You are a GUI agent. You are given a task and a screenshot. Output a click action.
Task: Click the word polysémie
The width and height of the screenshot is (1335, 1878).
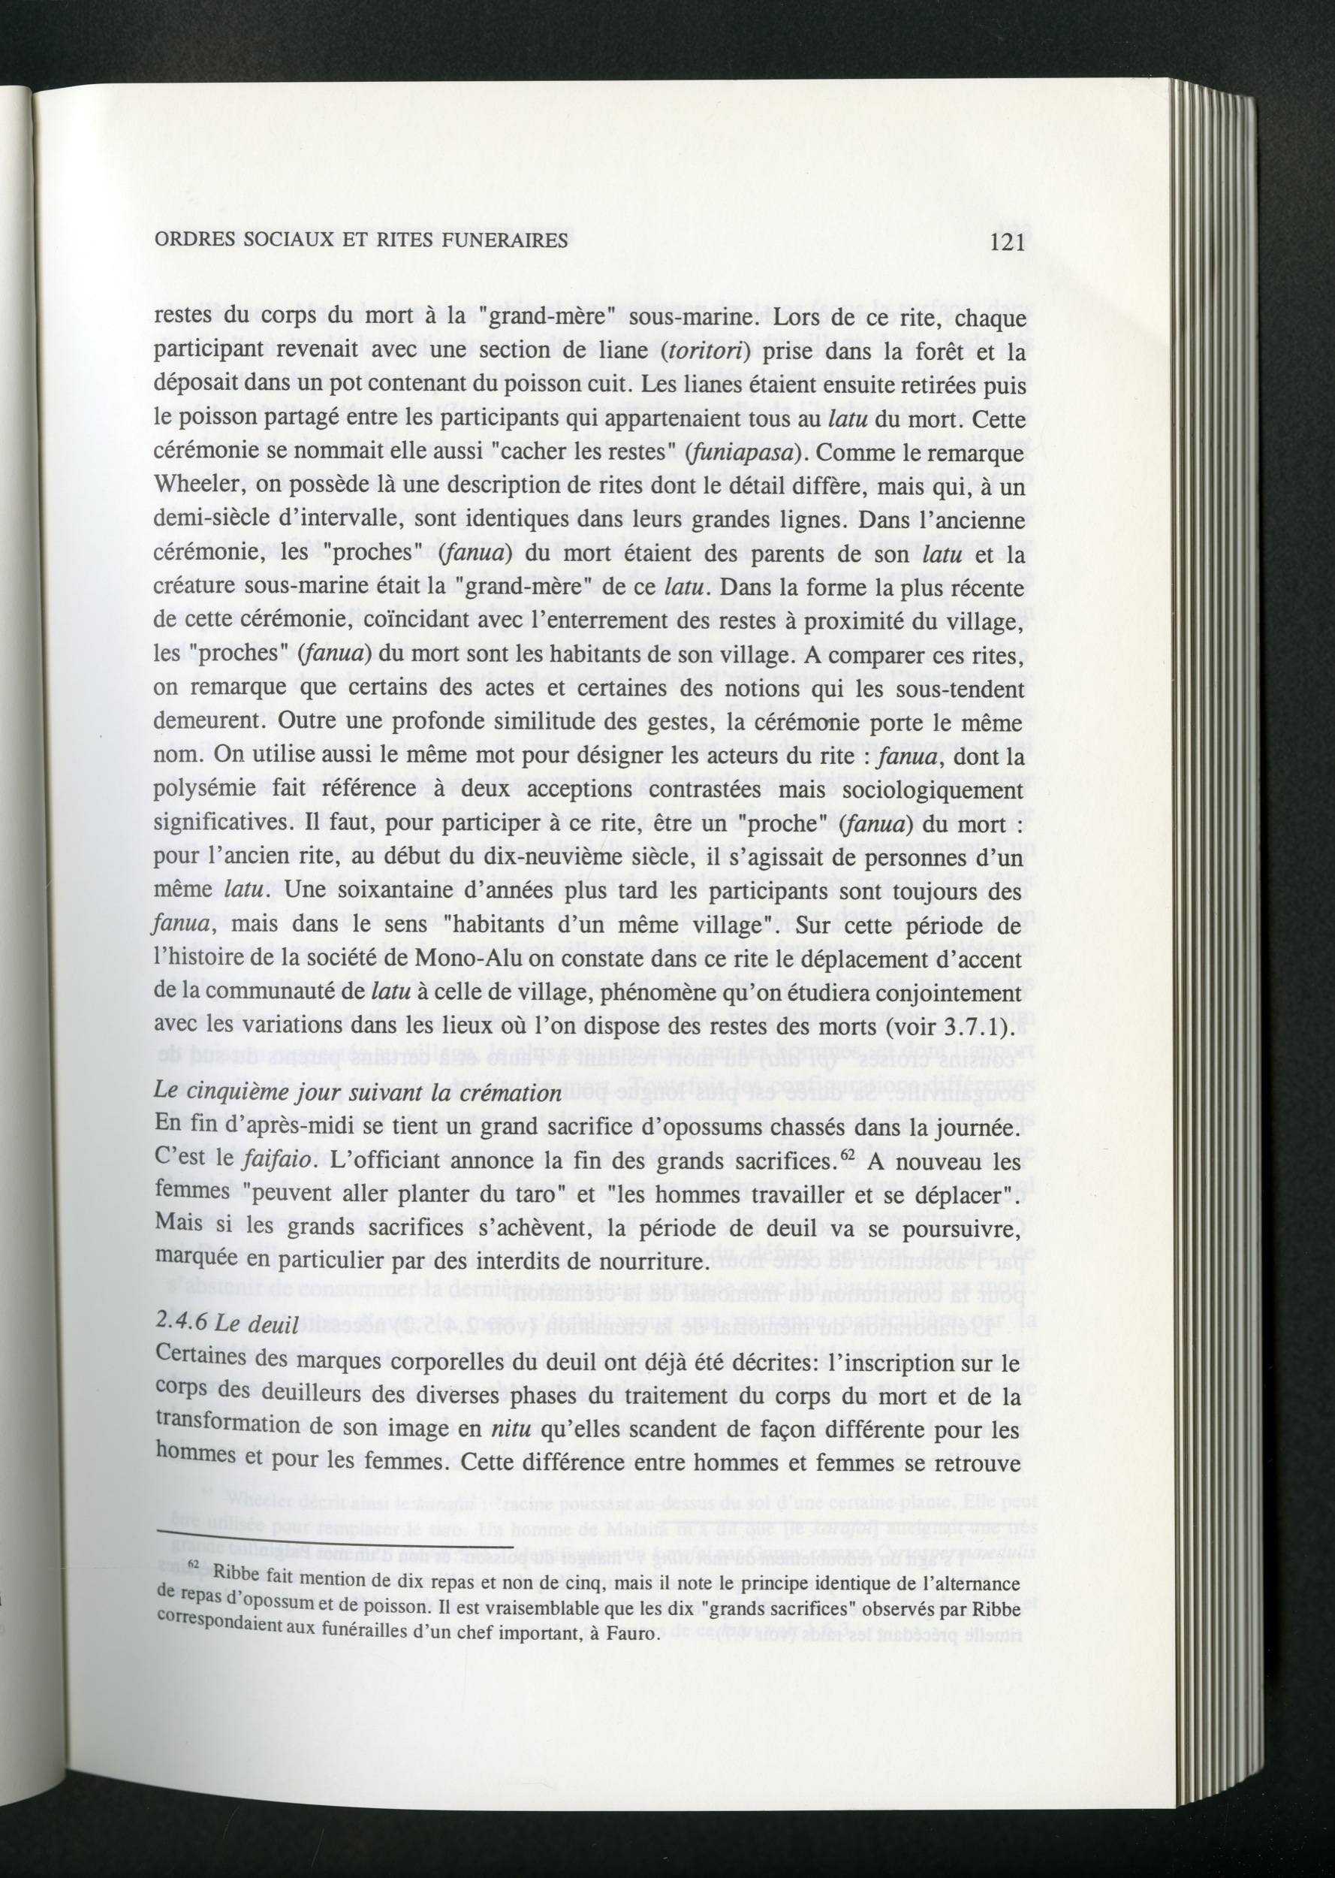pyautogui.click(x=197, y=789)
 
